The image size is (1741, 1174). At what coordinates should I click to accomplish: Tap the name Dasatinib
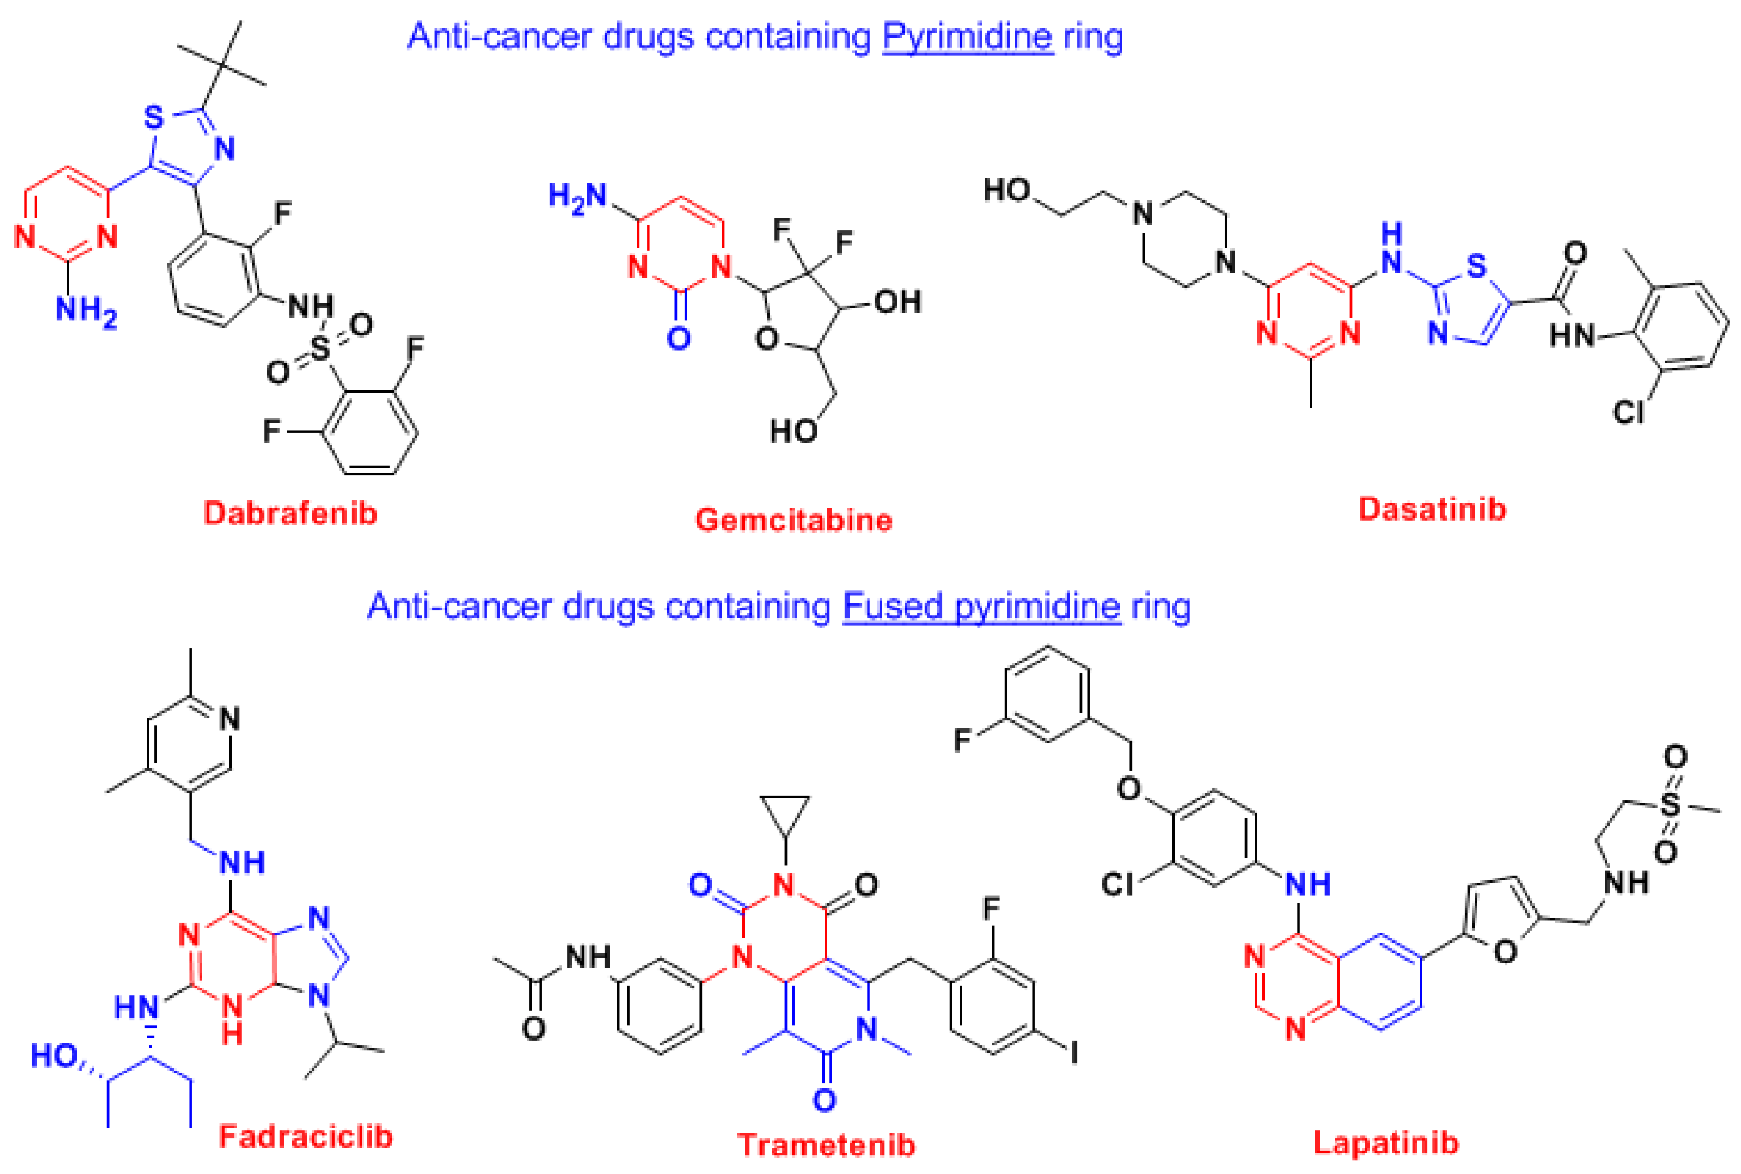pyautogui.click(x=1432, y=510)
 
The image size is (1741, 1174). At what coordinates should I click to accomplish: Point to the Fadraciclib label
pyautogui.click(x=306, y=1137)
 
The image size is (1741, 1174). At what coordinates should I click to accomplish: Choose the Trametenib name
pyautogui.click(x=826, y=1146)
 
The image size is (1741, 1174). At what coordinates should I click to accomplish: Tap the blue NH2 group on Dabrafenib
pyautogui.click(x=86, y=309)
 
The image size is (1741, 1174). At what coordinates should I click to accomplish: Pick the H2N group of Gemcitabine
pyautogui.click(x=576, y=197)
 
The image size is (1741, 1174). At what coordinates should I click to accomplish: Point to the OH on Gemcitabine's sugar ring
pyautogui.click(x=896, y=302)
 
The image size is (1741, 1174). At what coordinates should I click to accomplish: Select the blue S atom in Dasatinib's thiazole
pyautogui.click(x=1476, y=266)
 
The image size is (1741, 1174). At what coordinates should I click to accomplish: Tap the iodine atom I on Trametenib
pyautogui.click(x=1074, y=1053)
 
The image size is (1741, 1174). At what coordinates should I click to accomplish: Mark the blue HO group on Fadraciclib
pyautogui.click(x=53, y=1055)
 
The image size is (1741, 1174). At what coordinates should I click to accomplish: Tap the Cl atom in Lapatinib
pyautogui.click(x=1117, y=884)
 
